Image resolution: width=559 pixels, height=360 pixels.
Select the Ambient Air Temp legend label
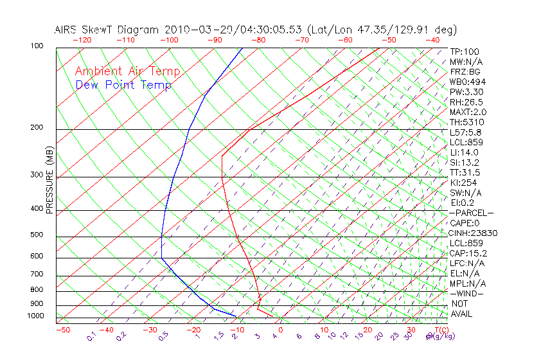click(127, 71)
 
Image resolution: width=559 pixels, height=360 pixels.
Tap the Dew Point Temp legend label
click(123, 85)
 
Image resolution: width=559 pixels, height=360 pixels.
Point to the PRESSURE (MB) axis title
click(49, 179)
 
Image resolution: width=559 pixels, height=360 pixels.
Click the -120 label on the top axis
click(82, 40)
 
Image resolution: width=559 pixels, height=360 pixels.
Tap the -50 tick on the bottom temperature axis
click(62, 330)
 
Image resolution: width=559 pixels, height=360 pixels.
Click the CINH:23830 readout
click(474, 233)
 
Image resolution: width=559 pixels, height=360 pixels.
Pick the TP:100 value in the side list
click(465, 51)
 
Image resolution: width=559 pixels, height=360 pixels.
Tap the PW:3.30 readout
click(466, 92)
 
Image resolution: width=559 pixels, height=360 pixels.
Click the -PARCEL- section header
click(471, 213)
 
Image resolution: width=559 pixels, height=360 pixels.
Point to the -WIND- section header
click(466, 293)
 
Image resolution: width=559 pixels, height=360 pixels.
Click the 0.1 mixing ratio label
click(91, 337)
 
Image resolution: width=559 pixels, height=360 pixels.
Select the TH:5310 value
click(467, 122)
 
